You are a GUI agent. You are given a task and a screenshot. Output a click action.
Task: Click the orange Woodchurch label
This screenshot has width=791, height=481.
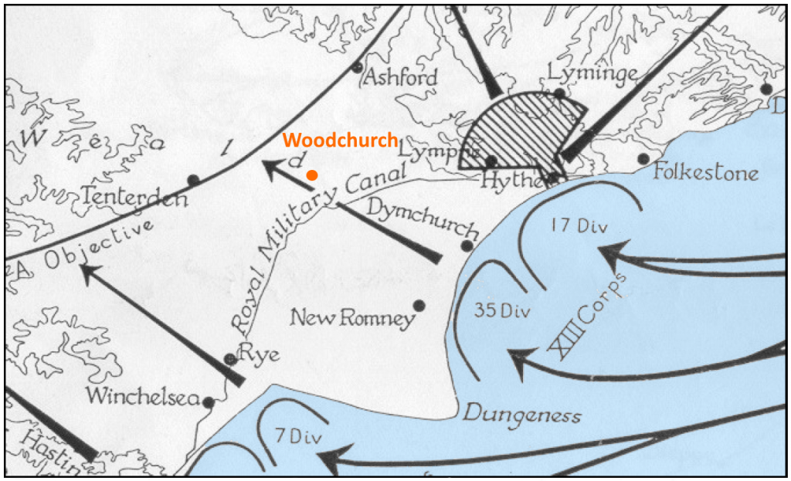click(x=340, y=141)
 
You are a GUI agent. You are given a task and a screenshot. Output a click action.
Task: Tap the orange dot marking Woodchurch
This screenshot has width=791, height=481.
click(x=311, y=175)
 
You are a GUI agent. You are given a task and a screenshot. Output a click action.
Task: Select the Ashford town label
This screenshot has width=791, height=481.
click(x=400, y=77)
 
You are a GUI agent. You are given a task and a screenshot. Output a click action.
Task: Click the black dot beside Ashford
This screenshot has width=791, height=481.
click(x=357, y=67)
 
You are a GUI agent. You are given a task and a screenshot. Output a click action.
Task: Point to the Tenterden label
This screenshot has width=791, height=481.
click(x=134, y=198)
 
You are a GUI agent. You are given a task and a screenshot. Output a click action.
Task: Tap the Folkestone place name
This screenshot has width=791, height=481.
click(x=705, y=171)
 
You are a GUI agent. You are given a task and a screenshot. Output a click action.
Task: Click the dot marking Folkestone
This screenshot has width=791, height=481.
click(x=643, y=159)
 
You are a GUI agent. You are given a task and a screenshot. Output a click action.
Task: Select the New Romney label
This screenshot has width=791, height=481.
click(x=352, y=317)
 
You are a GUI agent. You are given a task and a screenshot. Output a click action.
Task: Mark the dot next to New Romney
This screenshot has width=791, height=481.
click(x=419, y=306)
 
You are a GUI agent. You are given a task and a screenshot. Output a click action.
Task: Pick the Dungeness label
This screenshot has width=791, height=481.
click(x=521, y=415)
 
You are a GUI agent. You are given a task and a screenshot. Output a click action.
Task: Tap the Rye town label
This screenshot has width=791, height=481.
click(x=259, y=356)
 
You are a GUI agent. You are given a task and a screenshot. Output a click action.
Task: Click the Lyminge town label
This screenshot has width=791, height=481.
click(x=592, y=73)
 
